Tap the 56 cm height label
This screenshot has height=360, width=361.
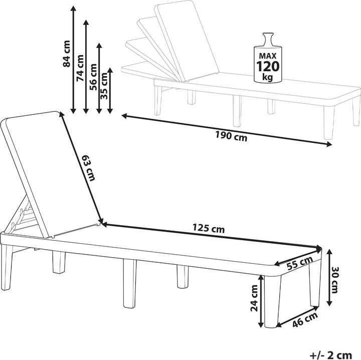tap(93, 77)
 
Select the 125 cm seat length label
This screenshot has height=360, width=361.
tap(209, 229)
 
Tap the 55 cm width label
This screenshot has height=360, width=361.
tap(299, 263)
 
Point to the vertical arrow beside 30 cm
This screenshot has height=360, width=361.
tap(329, 277)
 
